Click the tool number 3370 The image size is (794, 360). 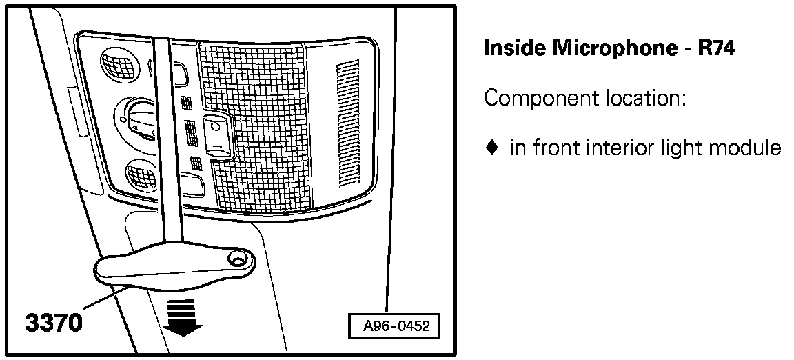54,322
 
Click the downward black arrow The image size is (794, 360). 181,319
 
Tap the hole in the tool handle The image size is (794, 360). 238,259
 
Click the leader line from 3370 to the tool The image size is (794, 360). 103,301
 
